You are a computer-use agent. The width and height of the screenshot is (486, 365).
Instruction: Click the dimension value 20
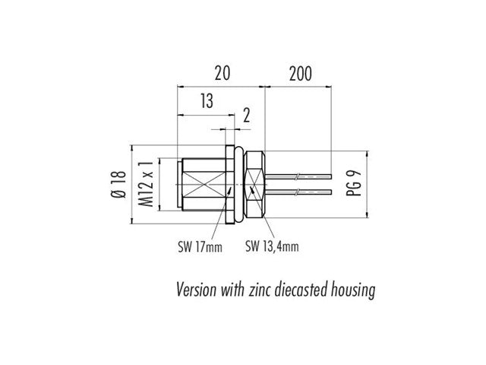click(222, 73)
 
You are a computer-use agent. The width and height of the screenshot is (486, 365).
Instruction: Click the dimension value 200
click(301, 73)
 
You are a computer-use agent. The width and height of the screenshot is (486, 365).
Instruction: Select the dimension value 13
click(206, 101)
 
